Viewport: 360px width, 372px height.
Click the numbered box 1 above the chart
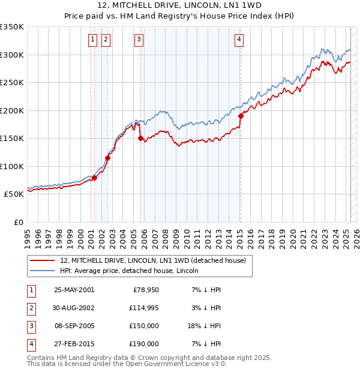94,40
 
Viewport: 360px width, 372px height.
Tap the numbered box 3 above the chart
139,40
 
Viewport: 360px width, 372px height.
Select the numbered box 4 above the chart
239,40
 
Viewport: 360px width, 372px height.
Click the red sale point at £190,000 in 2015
241,116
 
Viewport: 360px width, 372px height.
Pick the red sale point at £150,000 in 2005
141,138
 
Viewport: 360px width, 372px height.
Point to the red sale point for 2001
94,178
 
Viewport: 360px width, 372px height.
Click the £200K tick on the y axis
12,110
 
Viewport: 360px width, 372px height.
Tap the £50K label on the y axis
14,194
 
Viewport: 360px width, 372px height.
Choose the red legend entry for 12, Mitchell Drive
153,260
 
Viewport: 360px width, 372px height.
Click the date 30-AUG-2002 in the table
74,308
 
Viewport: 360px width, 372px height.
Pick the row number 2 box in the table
31,308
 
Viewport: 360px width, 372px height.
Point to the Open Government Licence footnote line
127,364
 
